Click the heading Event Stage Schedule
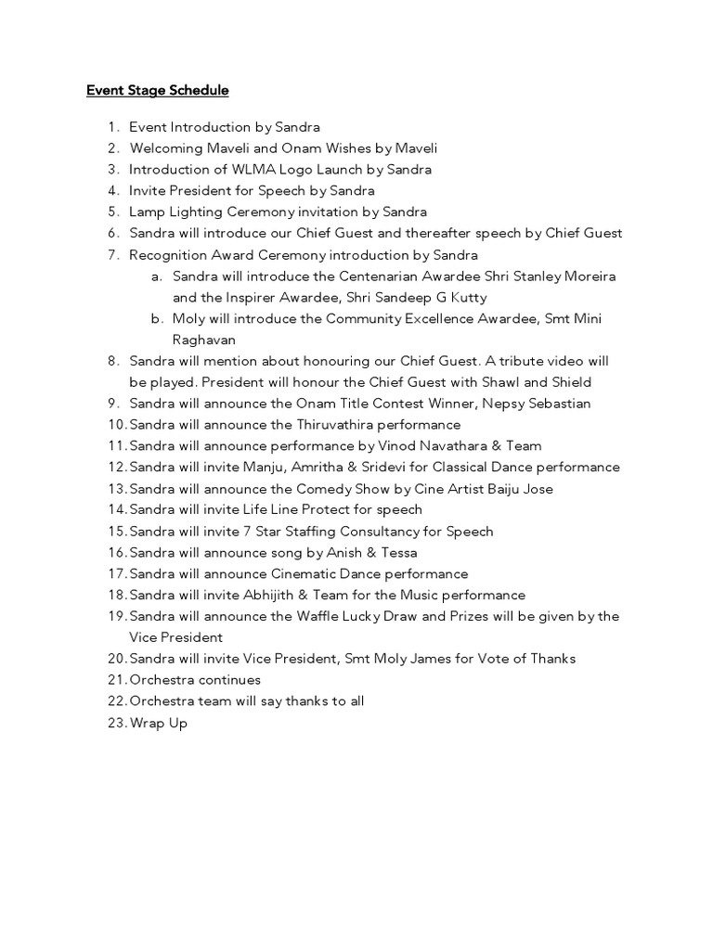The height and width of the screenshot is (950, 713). pos(157,90)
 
